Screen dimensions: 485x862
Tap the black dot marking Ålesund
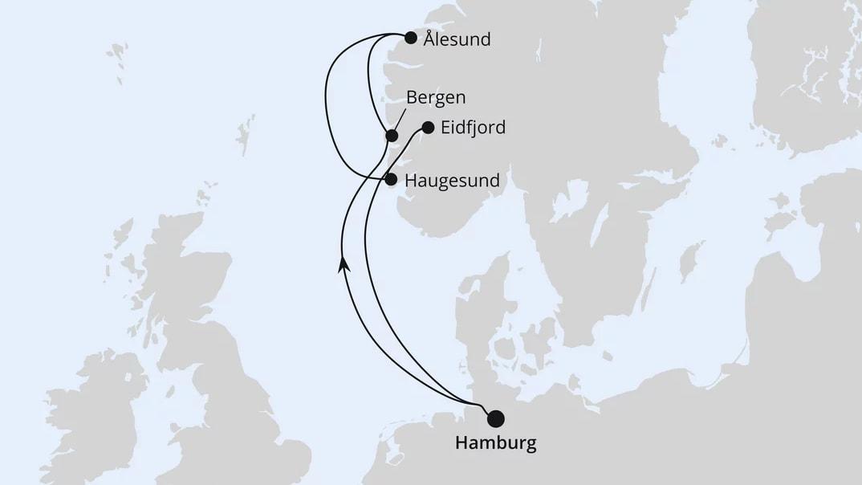(411, 38)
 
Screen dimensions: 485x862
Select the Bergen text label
(436, 97)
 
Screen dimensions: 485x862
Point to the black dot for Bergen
(392, 136)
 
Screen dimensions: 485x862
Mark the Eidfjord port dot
(428, 127)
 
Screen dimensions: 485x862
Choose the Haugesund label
(452, 181)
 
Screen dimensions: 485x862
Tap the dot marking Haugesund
(391, 180)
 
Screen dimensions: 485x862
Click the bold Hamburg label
(495, 442)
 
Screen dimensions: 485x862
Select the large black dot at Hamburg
(496, 418)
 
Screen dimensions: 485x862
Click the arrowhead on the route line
(344, 263)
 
